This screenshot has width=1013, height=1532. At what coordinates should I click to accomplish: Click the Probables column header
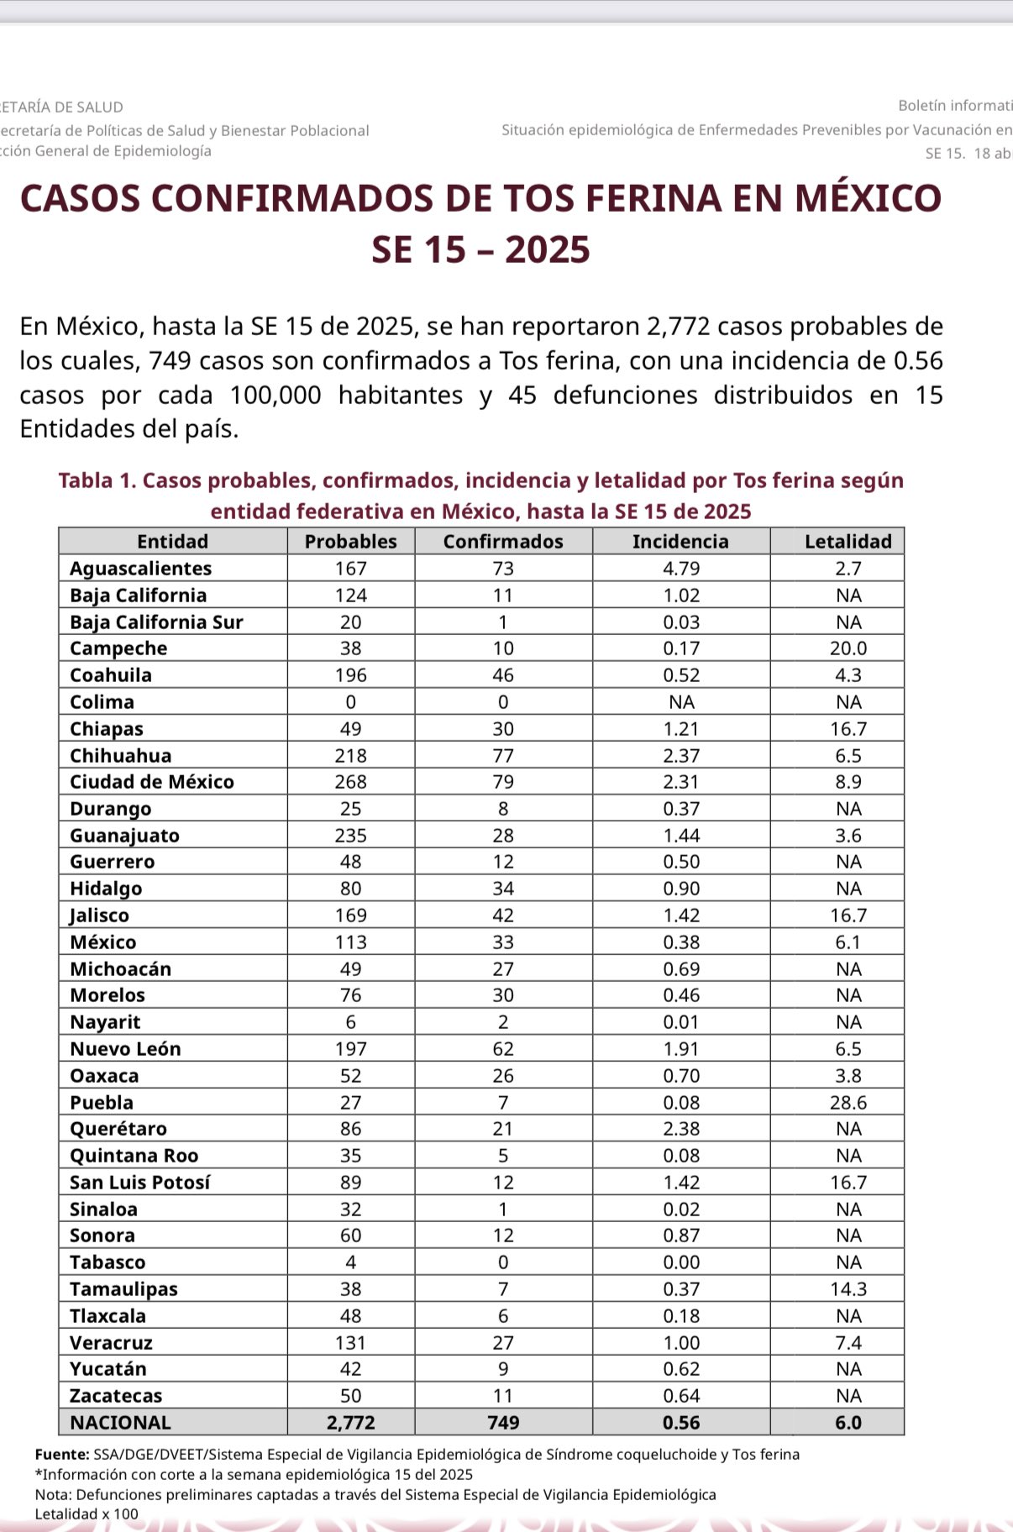point(350,542)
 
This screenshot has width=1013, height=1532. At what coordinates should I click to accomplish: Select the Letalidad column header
point(848,542)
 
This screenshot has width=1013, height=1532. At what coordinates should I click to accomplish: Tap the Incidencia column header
point(680,542)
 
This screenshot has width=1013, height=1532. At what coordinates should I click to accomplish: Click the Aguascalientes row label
point(140,569)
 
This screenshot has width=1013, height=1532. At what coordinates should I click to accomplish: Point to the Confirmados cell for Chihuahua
point(503,756)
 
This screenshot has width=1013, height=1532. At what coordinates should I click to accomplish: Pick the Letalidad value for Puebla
point(848,1103)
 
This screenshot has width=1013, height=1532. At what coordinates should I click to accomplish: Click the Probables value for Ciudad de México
point(350,782)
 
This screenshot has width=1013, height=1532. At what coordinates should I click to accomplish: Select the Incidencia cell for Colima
point(680,702)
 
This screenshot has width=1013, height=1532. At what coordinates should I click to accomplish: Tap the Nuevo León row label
point(125,1049)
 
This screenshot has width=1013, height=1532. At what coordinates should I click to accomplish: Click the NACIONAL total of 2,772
point(350,1423)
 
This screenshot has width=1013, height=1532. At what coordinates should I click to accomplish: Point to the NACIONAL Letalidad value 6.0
point(848,1423)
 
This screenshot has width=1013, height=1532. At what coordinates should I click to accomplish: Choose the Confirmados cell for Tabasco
point(503,1262)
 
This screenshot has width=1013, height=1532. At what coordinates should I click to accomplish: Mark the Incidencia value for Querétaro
point(680,1129)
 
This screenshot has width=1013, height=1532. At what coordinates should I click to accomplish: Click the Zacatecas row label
point(116,1396)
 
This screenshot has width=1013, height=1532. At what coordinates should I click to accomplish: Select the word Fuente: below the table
point(62,1455)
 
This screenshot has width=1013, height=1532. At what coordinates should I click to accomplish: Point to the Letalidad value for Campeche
point(848,648)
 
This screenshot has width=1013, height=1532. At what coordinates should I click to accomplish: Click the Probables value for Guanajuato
point(350,836)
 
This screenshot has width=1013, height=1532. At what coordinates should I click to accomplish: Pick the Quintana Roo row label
point(134,1156)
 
